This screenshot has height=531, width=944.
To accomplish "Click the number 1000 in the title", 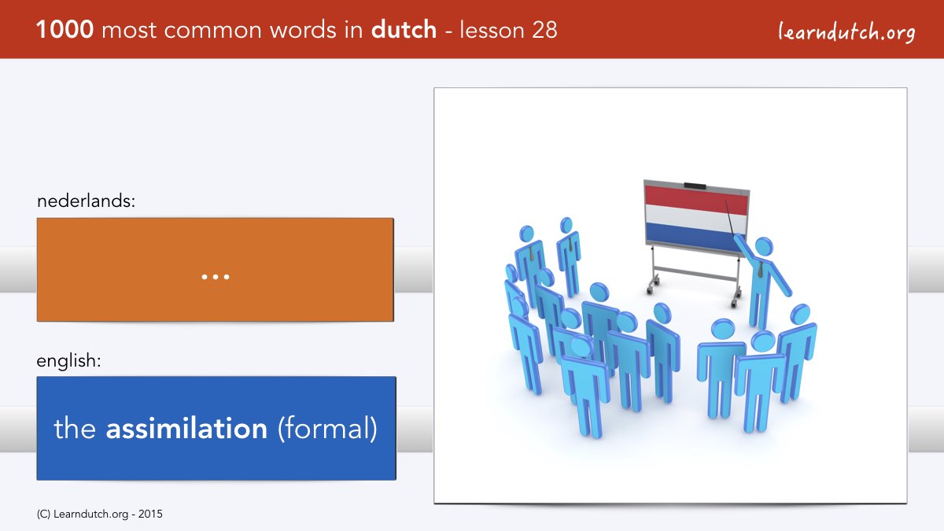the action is [x=65, y=30].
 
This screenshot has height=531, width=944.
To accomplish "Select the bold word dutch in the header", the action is [x=404, y=30].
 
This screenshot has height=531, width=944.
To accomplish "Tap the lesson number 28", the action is [x=544, y=30].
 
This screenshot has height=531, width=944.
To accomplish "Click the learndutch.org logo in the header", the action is [x=846, y=31].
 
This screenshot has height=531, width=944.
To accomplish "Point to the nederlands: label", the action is [x=86, y=201].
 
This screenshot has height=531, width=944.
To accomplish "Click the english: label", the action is [x=68, y=361].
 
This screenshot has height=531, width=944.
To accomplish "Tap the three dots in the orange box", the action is [x=216, y=277].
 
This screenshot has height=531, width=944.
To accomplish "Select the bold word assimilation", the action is [x=186, y=428].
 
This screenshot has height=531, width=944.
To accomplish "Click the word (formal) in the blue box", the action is [x=327, y=429].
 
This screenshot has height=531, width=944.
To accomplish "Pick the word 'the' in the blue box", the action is [x=75, y=428].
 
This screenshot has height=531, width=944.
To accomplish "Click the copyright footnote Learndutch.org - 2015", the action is [x=99, y=514].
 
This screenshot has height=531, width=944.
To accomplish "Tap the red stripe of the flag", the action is [x=696, y=199].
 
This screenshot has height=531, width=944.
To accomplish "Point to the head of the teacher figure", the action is [x=764, y=246].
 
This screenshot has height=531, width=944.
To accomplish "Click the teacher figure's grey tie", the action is [x=760, y=270].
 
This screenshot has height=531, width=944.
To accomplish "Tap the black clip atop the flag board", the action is [x=695, y=186].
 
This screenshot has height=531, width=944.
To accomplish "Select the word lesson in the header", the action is [x=492, y=30].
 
